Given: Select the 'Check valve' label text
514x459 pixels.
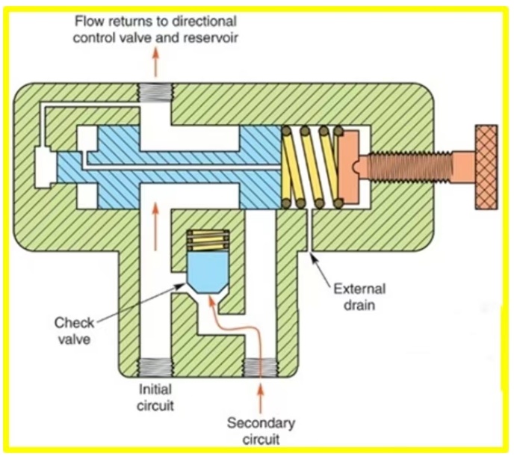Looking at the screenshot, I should tap(75, 332).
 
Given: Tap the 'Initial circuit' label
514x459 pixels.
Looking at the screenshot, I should tap(158, 398).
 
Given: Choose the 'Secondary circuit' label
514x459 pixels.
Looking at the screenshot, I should tap(261, 432).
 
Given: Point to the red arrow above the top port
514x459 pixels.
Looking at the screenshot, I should tap(156, 63).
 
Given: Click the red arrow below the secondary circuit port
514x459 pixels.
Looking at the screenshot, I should tap(261, 395).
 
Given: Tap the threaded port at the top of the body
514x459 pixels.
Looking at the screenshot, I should tap(156, 93).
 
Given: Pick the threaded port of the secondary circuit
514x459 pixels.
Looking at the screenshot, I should tap(261, 369).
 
